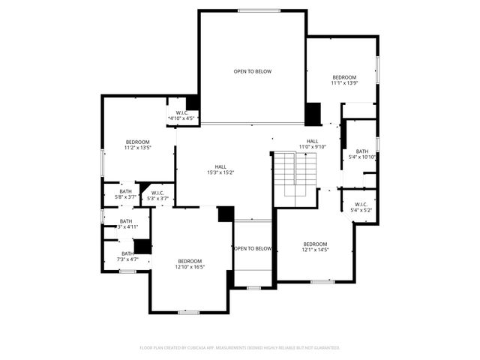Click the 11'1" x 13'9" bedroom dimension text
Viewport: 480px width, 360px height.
tap(344, 83)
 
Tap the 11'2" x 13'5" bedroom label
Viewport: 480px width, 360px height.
tap(137, 148)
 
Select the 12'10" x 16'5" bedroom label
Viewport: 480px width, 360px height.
tap(190, 266)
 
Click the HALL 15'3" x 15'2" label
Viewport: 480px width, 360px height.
tap(220, 172)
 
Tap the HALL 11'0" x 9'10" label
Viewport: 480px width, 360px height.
tap(312, 147)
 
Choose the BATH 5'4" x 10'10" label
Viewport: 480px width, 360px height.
tap(362, 157)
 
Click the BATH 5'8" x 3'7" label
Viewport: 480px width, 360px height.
tap(125, 196)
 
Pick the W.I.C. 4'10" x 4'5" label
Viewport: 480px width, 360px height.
tap(181, 118)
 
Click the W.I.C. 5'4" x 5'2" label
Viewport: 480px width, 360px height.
tap(360, 210)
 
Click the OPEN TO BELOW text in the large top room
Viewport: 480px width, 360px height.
tap(252, 71)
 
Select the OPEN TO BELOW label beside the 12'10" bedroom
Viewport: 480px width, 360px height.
tap(253, 248)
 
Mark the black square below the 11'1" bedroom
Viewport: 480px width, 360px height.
tap(313, 114)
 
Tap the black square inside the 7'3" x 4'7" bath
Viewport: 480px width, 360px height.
tap(142, 247)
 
